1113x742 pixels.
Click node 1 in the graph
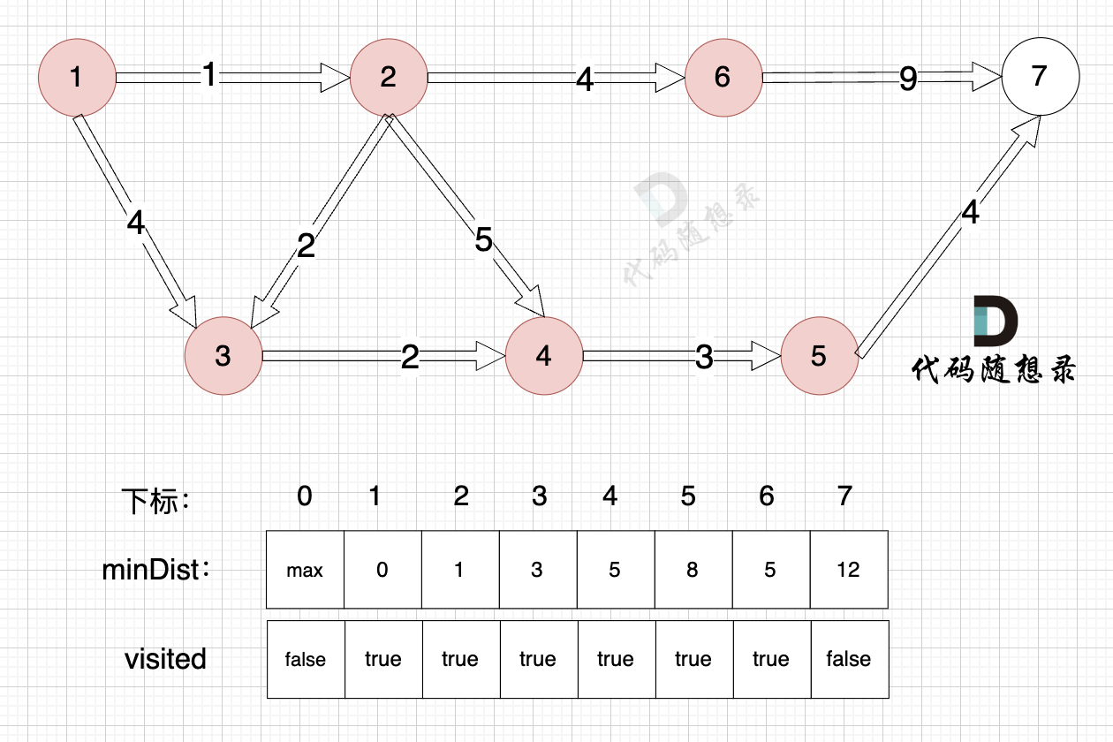point(77,77)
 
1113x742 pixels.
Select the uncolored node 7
point(1040,76)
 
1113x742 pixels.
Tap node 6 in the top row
point(723,77)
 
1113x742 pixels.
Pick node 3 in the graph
point(223,355)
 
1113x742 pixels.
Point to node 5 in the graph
point(819,355)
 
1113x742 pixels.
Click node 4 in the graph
point(543,355)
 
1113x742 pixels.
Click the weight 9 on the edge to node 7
point(908,79)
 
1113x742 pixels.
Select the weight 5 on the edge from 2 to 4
point(482,240)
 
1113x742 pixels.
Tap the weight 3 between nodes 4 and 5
point(704,357)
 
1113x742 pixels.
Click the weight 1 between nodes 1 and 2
point(208,76)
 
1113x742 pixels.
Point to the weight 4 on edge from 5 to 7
point(970,213)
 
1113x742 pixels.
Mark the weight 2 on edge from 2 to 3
point(306,246)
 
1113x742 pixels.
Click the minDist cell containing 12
point(848,570)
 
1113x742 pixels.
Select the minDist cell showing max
point(305,570)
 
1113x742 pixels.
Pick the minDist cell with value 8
point(693,570)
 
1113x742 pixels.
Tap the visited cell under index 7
point(848,659)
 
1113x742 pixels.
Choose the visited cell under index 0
point(305,659)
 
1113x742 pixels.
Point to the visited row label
point(165,659)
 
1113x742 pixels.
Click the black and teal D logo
point(995,322)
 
